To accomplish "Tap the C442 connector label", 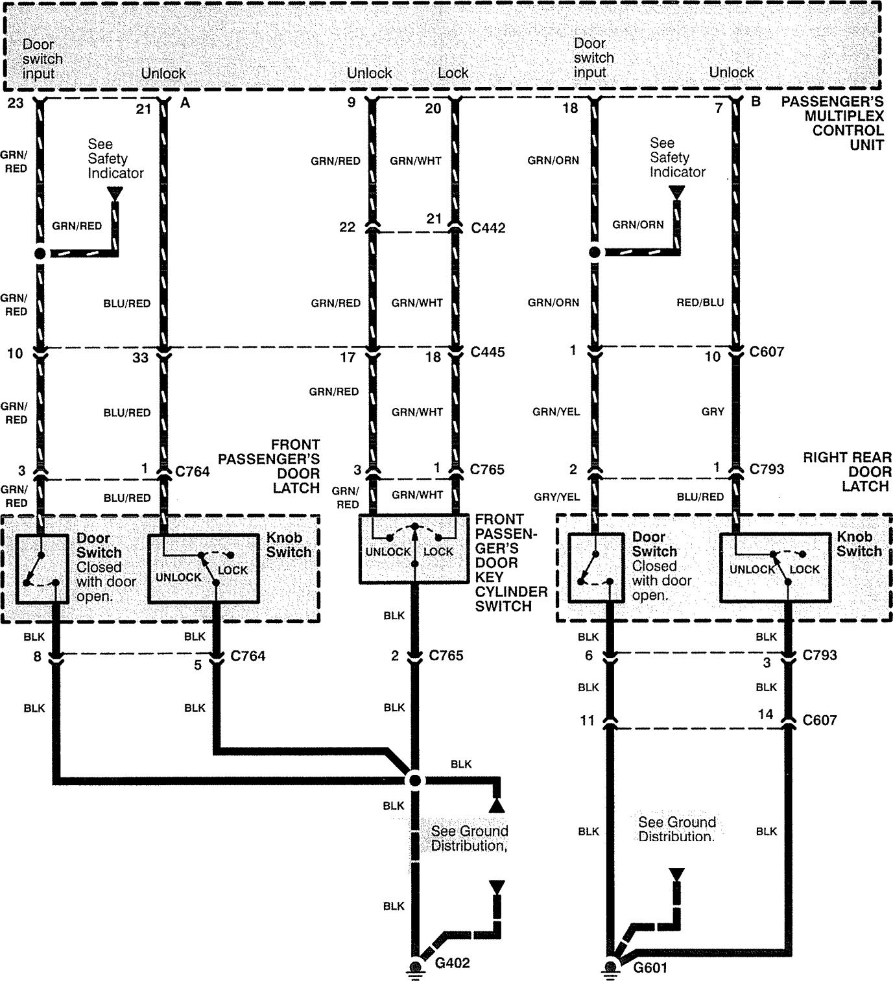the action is [x=488, y=228].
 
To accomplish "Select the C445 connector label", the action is [x=488, y=351].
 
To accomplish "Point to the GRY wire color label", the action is [x=713, y=412].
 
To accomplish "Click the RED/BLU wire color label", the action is [x=700, y=303].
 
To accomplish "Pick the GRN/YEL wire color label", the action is [x=556, y=412].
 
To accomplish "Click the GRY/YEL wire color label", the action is [x=557, y=497].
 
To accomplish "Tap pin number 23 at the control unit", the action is [x=16, y=103].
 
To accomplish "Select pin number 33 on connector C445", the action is [x=140, y=357].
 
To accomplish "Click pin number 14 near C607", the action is [x=765, y=715].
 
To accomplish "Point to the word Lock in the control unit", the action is [x=453, y=73].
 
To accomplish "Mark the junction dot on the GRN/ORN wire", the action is [x=595, y=252].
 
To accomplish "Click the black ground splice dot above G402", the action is [x=414, y=781].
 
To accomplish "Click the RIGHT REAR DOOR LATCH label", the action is [x=848, y=472].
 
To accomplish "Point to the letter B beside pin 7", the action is [x=756, y=102].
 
